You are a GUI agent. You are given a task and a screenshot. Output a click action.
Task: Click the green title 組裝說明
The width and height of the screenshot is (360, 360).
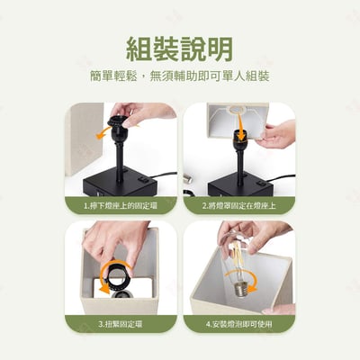pos(180,47)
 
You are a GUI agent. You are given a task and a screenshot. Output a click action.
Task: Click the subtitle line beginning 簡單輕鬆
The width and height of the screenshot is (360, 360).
pos(180,76)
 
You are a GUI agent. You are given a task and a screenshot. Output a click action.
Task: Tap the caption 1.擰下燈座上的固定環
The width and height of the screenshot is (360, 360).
pos(120,205)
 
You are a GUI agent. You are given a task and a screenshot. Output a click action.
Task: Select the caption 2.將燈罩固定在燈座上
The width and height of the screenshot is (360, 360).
pos(239,205)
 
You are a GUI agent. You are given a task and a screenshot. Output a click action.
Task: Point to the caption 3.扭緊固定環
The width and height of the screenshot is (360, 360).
pos(120,323)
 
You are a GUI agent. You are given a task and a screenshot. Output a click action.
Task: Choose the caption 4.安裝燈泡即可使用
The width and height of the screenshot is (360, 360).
pos(239,323)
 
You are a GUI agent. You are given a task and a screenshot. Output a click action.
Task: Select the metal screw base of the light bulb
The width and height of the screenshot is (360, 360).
pos(238,288)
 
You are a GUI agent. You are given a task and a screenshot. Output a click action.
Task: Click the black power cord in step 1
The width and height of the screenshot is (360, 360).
pos(162,175)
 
